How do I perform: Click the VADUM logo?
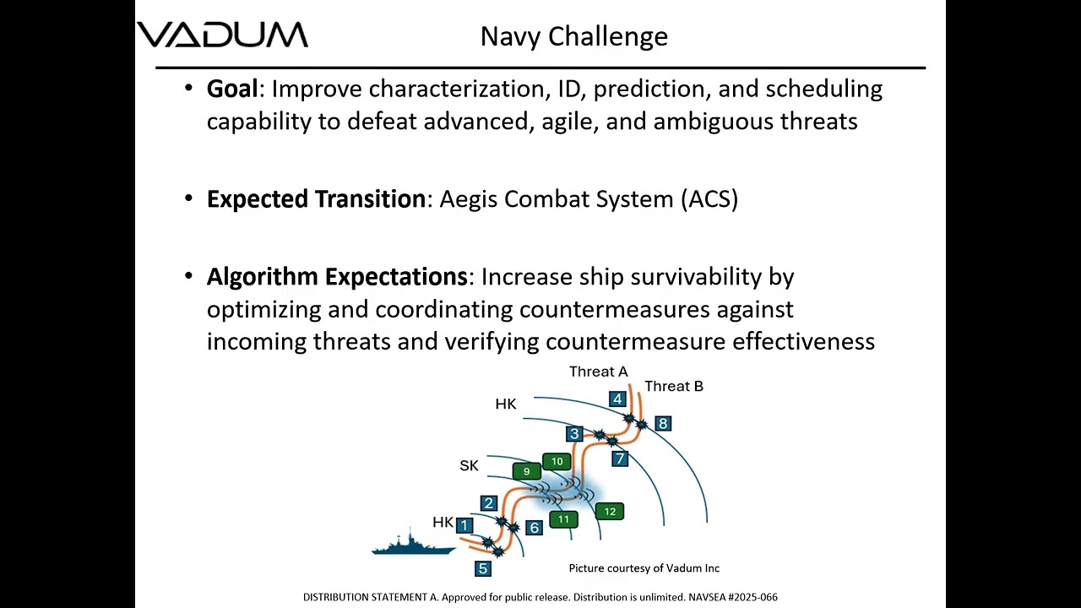point(223,35)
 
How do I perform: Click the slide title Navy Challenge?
point(573,36)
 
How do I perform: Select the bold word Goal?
point(231,89)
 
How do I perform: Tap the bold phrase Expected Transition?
point(316,199)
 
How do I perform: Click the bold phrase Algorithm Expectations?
point(336,277)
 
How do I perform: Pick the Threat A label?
point(598,372)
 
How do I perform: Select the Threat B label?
point(673,386)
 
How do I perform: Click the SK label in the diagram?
point(469,465)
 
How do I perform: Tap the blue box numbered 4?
point(617,399)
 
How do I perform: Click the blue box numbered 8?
point(663,423)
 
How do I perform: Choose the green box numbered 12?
point(609,511)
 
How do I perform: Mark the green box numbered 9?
point(526,471)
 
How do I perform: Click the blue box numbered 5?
point(482,568)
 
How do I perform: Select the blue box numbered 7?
point(620,459)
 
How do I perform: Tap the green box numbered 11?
point(563,518)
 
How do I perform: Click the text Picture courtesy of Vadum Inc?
point(644,568)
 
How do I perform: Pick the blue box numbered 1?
point(464,525)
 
